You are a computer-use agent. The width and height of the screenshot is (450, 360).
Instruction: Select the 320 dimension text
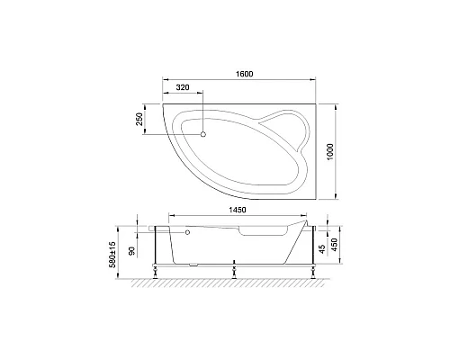click(183, 89)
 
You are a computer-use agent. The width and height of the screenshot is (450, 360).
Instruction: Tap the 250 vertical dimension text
click(139, 121)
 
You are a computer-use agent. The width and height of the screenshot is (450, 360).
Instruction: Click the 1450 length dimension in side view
click(237, 209)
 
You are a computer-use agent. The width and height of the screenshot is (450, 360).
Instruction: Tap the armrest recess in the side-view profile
click(256, 232)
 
